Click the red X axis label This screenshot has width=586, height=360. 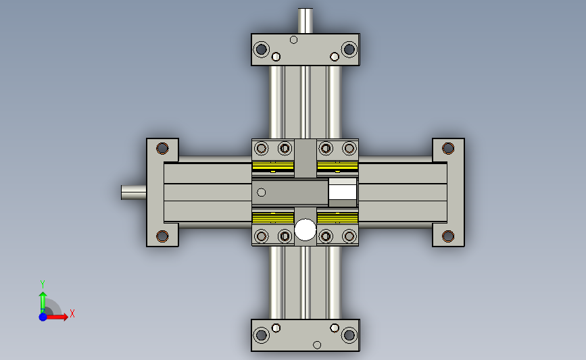tap(72, 313)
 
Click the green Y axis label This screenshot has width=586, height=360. tap(43, 284)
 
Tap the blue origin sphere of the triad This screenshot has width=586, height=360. tap(43, 317)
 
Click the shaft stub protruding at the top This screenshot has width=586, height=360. tap(306, 21)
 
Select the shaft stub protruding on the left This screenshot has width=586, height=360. tap(133, 192)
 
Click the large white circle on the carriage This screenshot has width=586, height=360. tap(306, 229)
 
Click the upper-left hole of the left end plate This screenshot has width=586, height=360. tap(162, 149)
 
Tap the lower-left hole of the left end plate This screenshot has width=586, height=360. tap(162, 236)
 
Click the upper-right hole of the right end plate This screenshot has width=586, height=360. tap(448, 149)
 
